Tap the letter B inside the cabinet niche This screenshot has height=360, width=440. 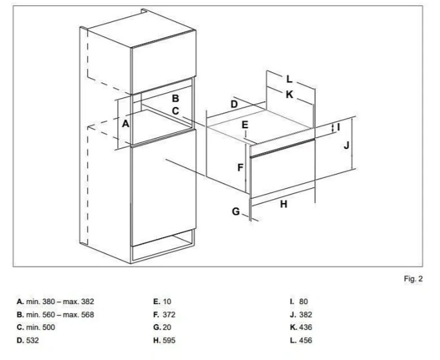pyautogui.click(x=175, y=99)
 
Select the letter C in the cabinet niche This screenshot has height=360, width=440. pyautogui.click(x=175, y=111)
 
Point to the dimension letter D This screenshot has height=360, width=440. pyautogui.click(x=234, y=104)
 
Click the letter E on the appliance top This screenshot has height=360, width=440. pyautogui.click(x=245, y=124)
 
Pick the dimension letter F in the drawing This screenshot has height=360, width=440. pyautogui.click(x=240, y=168)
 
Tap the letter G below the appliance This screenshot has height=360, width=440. pyautogui.click(x=236, y=211)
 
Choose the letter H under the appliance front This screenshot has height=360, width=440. pyautogui.click(x=283, y=204)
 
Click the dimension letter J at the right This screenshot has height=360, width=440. pyautogui.click(x=347, y=146)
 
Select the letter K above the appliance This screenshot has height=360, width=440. pyautogui.click(x=289, y=95)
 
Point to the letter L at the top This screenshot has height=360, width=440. pyautogui.click(x=289, y=80)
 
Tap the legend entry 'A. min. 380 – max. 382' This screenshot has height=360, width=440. pyautogui.click(x=55, y=301)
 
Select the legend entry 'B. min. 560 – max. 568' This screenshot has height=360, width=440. pyautogui.click(x=55, y=314)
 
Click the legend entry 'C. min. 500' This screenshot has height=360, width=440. pyautogui.click(x=36, y=327)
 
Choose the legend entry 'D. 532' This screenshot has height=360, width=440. pyautogui.click(x=29, y=340)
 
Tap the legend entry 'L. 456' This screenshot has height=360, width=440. pyautogui.click(x=301, y=340)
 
